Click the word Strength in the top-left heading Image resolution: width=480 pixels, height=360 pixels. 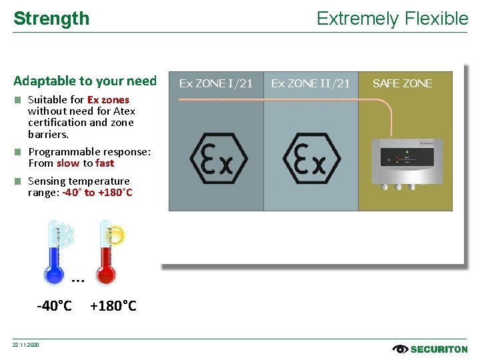pos(51,19)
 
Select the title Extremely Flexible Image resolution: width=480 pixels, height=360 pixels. pos(392,19)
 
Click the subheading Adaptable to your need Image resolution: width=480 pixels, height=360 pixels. pos(85,81)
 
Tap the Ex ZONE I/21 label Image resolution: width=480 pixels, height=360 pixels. pos(216,83)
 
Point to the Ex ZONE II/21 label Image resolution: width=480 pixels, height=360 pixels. pos(311,83)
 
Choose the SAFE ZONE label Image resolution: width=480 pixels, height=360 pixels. pos(402,83)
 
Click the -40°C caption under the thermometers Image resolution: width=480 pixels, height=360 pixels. pos(54,306)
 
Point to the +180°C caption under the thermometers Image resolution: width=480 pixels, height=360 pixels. pos(113,306)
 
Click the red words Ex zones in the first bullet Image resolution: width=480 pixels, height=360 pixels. pos(108,100)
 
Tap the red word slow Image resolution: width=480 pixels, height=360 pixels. pos(68,163)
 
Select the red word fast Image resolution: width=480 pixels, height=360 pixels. pos(105,163)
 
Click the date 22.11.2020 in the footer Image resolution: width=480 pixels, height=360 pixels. pos(25,345)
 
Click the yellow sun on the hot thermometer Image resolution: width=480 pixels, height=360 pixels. pos(116,234)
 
